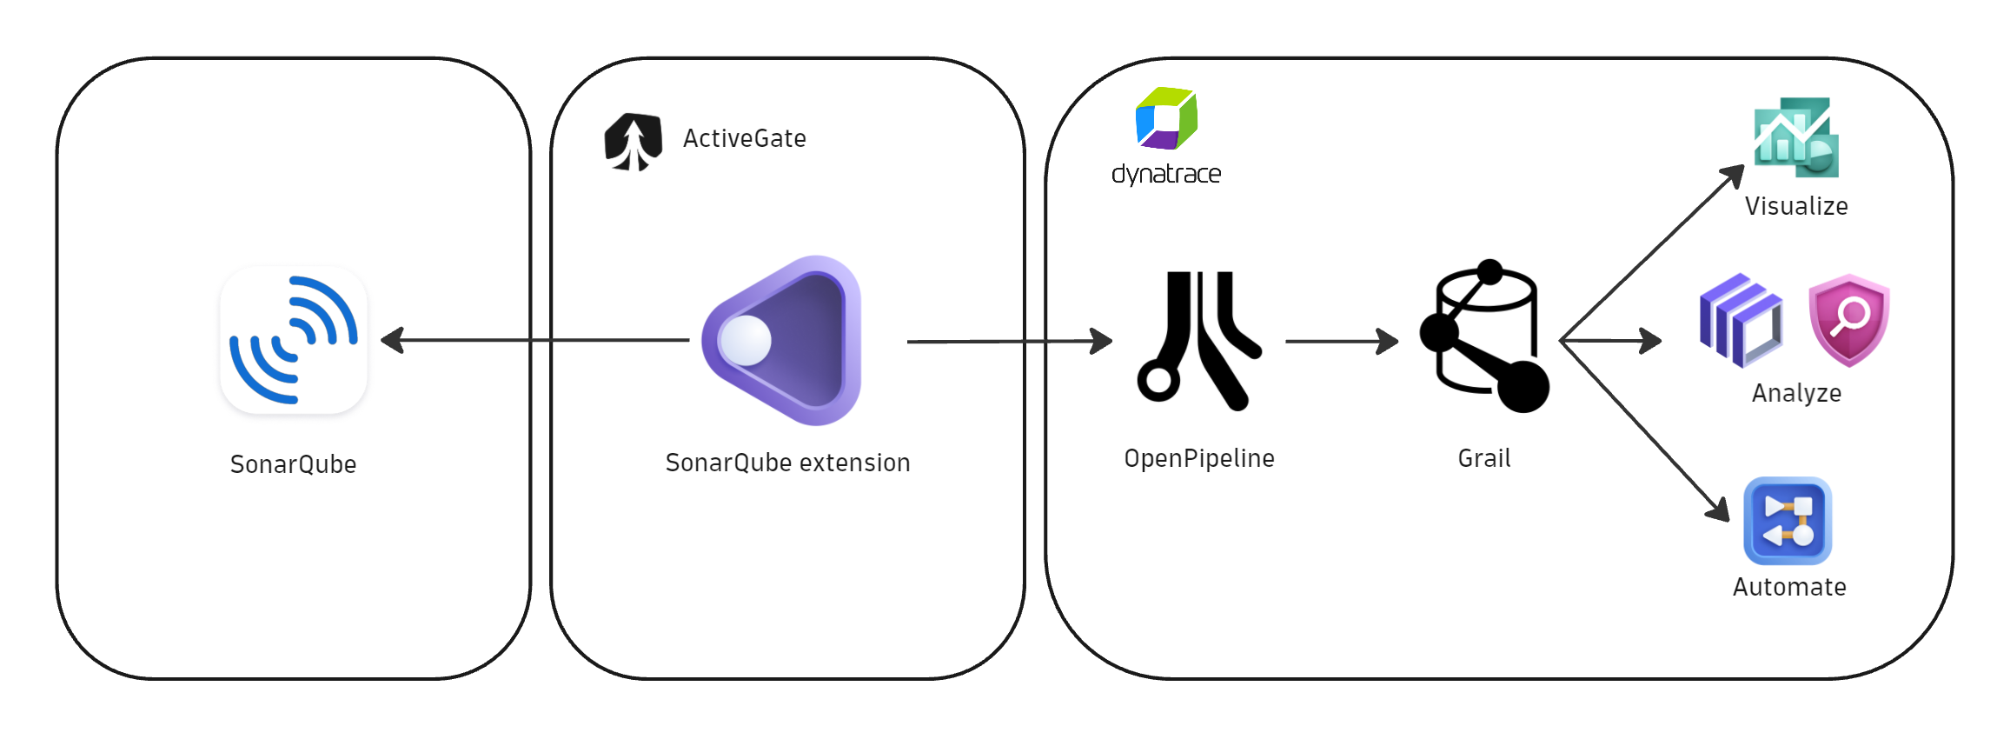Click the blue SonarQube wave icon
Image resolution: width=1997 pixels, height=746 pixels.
point(294,340)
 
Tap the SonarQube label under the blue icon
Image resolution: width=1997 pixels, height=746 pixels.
point(293,464)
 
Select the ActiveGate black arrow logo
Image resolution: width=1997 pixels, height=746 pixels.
point(633,142)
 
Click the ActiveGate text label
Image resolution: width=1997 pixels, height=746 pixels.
point(744,139)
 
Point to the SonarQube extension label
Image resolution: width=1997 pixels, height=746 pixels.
point(787,463)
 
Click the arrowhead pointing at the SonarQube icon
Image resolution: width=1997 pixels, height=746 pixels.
point(393,340)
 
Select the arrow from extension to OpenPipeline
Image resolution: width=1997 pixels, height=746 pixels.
point(1008,341)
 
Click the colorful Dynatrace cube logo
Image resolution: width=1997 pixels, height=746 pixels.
point(1166,118)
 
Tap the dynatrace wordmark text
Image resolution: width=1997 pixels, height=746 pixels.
point(1166,175)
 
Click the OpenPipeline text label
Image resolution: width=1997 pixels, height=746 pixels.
point(1198,458)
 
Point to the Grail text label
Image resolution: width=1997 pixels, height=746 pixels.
point(1484,458)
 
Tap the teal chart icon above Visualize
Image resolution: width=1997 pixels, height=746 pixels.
point(1795,137)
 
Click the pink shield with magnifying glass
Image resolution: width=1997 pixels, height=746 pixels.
point(1848,320)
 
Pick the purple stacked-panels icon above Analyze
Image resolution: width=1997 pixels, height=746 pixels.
point(1741,320)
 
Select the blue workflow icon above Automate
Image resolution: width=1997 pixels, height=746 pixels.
point(1787,521)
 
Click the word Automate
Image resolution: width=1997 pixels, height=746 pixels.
point(1789,587)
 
